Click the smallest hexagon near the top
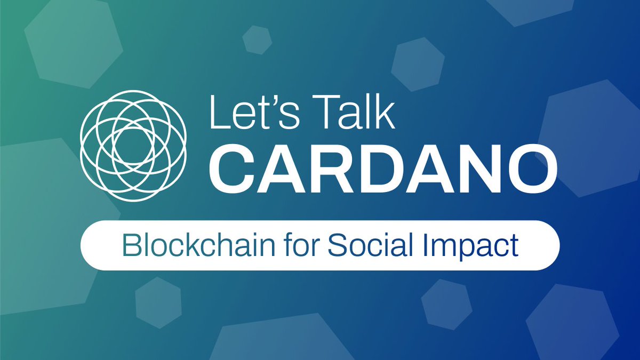[257, 39]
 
